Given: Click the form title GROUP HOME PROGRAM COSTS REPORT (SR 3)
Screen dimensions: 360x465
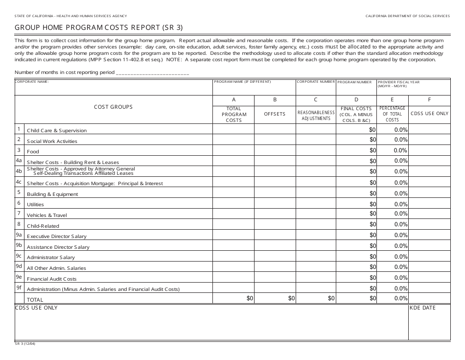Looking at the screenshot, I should click(99, 27).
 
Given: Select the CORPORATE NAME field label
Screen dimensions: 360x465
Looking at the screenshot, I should click(32, 82).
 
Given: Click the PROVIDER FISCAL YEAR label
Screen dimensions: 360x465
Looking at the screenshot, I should click(398, 82).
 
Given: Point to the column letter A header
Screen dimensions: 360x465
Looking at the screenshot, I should click(233, 100).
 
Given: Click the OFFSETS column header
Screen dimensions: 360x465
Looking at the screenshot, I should click(275, 114).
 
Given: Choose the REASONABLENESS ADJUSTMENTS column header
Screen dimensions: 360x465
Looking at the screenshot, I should click(316, 115).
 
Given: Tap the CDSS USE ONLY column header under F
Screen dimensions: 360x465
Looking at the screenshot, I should click(429, 114).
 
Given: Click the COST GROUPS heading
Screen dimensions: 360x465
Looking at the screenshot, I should click(113, 107).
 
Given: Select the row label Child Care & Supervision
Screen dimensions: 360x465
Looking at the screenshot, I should click(57, 131).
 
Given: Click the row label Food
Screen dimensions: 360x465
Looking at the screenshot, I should click(33, 152).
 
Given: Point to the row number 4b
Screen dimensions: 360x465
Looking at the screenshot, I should click(19, 171).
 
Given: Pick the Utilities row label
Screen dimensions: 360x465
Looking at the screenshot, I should click(35, 205).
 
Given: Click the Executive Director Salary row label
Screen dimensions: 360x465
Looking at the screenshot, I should click(57, 237).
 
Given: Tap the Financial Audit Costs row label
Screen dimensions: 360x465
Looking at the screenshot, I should click(52, 279).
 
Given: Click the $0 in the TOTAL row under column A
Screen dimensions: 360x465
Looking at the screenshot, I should click(250, 298).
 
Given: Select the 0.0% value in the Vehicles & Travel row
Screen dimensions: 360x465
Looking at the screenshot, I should click(400, 214).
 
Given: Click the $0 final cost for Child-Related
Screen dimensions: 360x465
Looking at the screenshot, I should click(372, 225).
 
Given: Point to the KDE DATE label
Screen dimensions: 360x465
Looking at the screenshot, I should click(423, 308).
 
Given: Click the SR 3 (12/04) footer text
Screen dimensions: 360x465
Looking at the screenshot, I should click(25, 344).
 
